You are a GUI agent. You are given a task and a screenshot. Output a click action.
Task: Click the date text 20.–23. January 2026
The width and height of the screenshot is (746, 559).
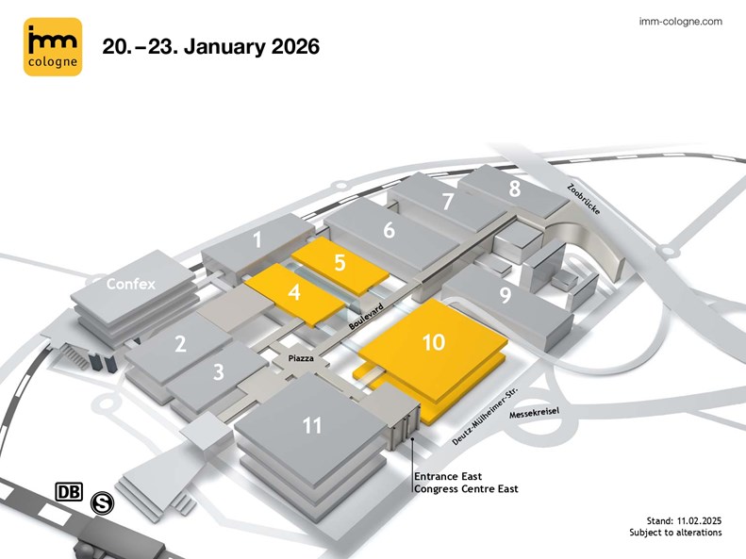coord(211,45)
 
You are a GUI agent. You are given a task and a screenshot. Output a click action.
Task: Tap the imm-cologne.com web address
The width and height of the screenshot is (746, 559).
coord(680,21)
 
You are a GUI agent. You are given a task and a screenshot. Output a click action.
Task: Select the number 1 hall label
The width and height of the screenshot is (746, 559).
coord(257,240)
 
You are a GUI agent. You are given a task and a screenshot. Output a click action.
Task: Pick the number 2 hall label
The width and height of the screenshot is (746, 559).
coord(180,345)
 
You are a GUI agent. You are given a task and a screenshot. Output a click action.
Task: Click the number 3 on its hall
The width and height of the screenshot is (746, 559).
coord(218,371)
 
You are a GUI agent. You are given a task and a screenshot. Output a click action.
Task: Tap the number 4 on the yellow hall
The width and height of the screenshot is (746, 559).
coord(295,292)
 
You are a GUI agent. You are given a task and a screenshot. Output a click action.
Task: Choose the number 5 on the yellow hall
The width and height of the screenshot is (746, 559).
coord(340,263)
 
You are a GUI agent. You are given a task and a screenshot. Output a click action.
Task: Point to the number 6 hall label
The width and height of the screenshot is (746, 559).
coord(389,229)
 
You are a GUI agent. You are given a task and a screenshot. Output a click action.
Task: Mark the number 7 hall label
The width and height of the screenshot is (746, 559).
coord(448,201)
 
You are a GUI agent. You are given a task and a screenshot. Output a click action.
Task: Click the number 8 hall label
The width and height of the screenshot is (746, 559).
coord(514,189)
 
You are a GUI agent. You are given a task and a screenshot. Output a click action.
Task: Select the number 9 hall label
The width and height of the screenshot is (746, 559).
coord(506,296)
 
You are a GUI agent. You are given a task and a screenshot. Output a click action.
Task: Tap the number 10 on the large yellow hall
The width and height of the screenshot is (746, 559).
coord(433,343)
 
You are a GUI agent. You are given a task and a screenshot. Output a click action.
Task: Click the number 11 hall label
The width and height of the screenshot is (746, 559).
coord(312,426)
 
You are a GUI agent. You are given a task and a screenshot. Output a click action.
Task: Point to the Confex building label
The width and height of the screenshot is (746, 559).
coord(130,283)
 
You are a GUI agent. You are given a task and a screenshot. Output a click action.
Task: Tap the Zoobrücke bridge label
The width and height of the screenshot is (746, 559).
coord(584,197)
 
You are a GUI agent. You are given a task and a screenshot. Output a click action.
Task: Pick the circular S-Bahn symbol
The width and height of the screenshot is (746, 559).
coord(102,504)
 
